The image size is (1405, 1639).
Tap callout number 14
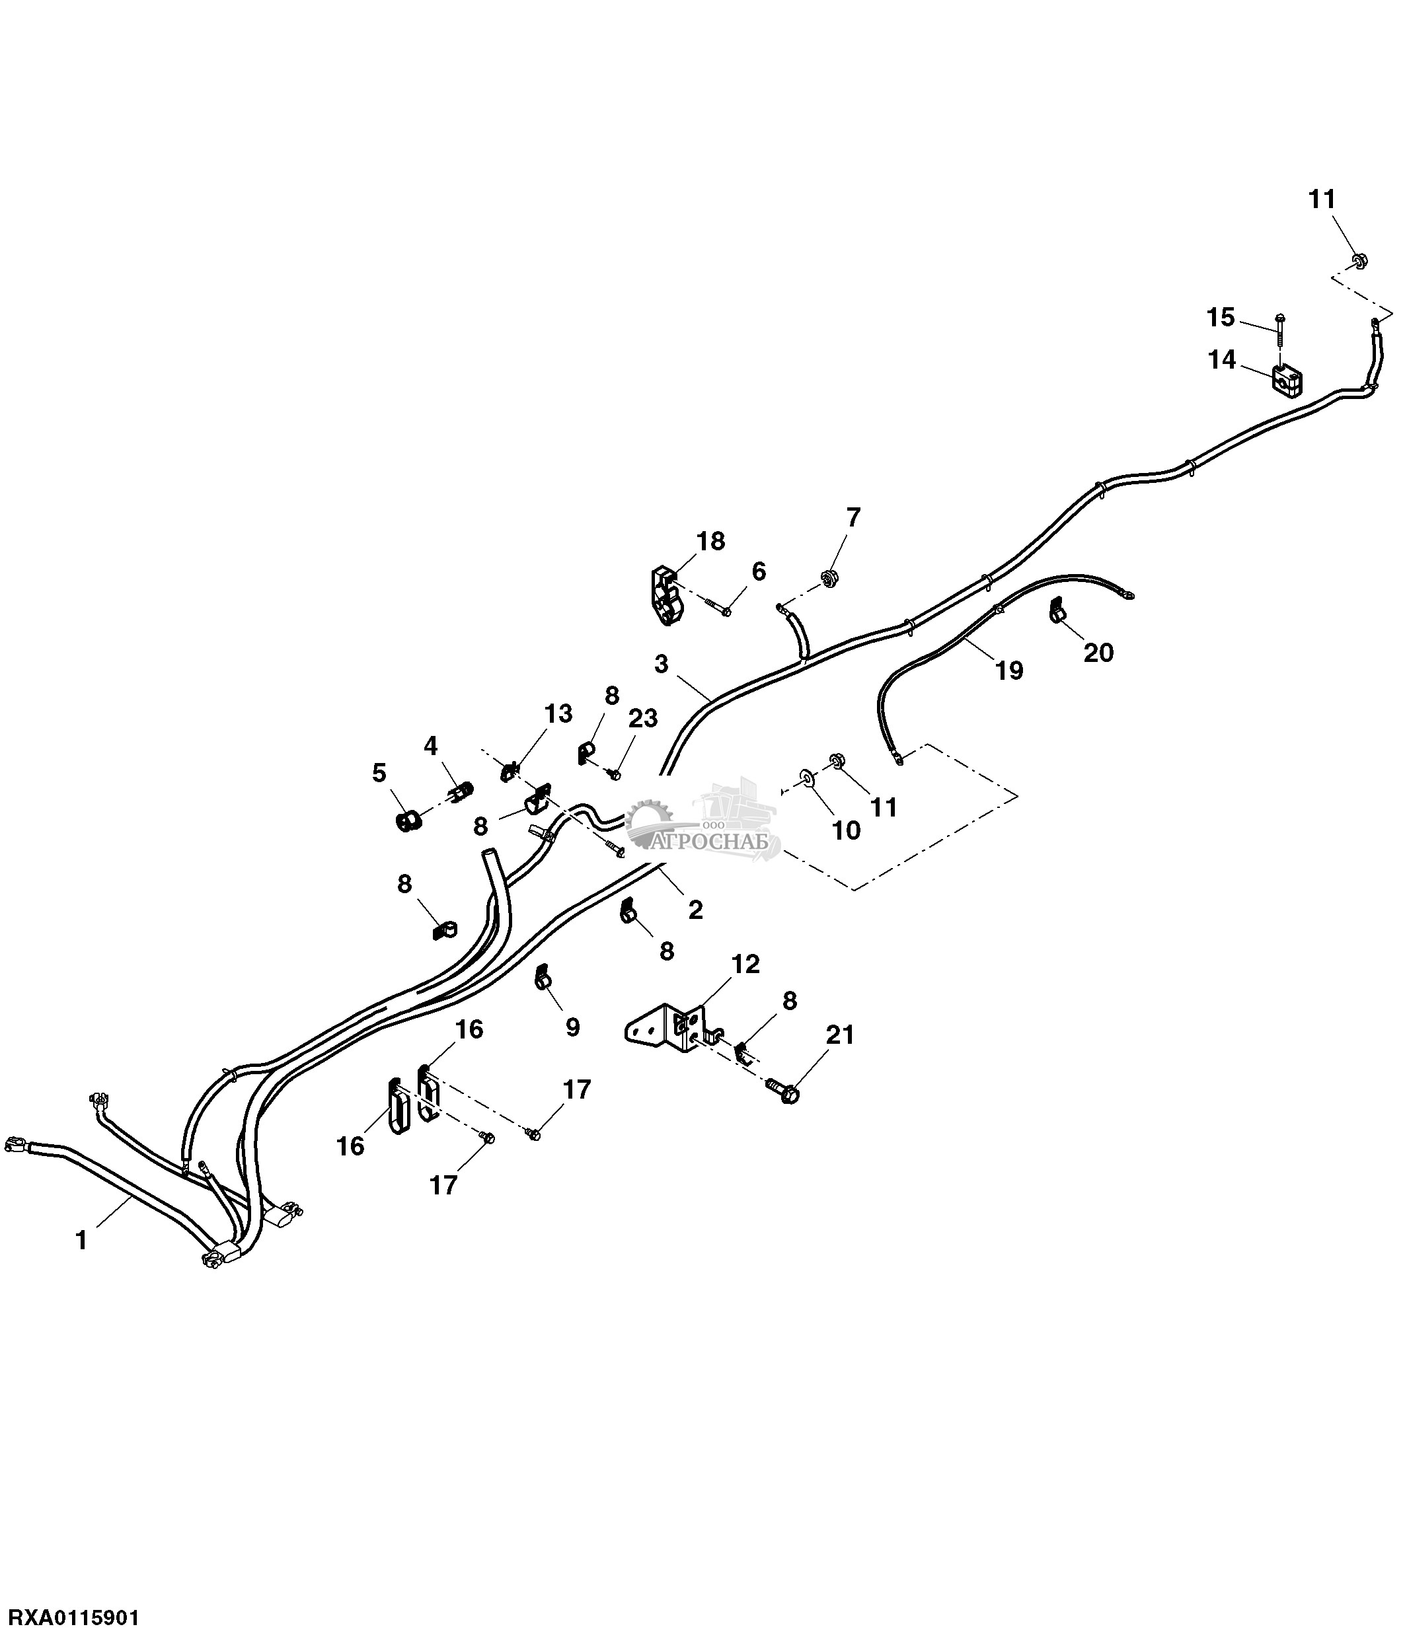pos(1221,360)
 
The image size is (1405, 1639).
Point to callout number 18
pos(710,541)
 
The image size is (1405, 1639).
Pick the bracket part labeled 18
pos(667,595)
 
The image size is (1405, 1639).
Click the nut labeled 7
pos(830,578)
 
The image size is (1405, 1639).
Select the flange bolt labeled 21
pos(784,1093)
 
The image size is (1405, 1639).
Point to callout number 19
pos(1008,670)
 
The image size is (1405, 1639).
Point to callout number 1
pos(81,1239)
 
